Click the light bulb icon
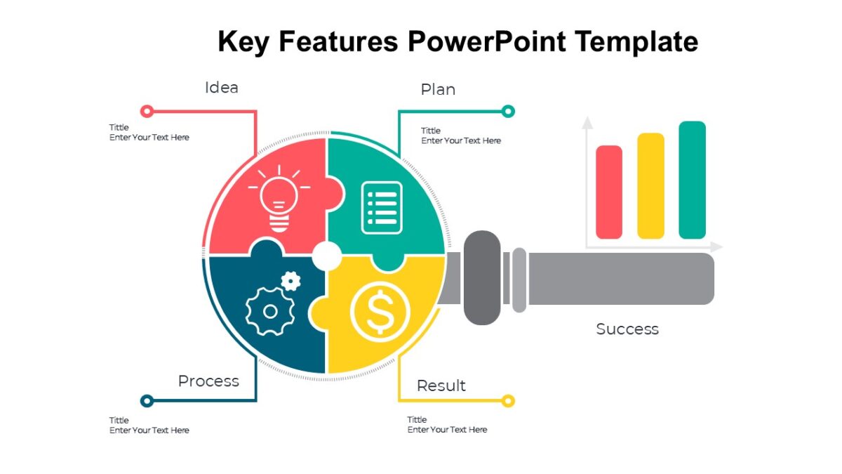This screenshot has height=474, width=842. point(279,199)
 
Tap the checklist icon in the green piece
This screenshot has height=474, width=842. point(382,208)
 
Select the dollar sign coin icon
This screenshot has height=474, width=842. point(380,312)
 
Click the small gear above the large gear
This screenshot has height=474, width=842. point(291,281)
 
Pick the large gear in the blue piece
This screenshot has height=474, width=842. point(270,311)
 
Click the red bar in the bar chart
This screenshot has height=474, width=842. point(609,192)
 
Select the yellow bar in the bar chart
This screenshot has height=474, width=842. point(650,185)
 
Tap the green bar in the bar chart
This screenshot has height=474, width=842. point(693,180)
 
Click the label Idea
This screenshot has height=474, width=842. point(222,88)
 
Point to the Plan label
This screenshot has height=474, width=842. point(438,90)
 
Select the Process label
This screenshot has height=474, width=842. point(208,381)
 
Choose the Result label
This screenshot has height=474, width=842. point(441,386)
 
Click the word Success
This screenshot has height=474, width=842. point(627,329)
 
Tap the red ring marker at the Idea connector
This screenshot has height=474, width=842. point(147,111)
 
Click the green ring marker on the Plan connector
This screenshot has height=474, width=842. point(508,111)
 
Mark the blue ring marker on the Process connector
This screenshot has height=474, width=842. point(147,401)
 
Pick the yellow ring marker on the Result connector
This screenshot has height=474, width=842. point(508,401)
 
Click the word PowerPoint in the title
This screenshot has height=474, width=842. point(487,41)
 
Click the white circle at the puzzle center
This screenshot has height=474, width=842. point(327,256)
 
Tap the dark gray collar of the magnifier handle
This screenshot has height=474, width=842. point(482,277)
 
